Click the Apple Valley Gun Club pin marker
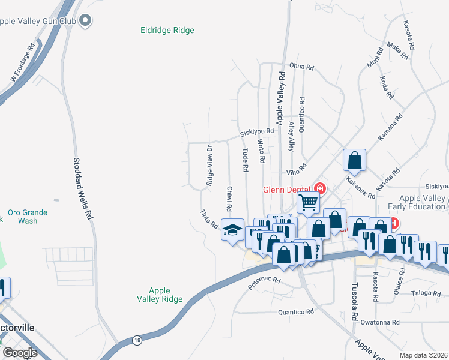[x=85, y=21]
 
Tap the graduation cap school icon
[x=232, y=230]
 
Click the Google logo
[x=20, y=353]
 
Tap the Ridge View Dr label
[x=209, y=165]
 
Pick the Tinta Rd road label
[x=209, y=219]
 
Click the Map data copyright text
[x=423, y=355]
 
